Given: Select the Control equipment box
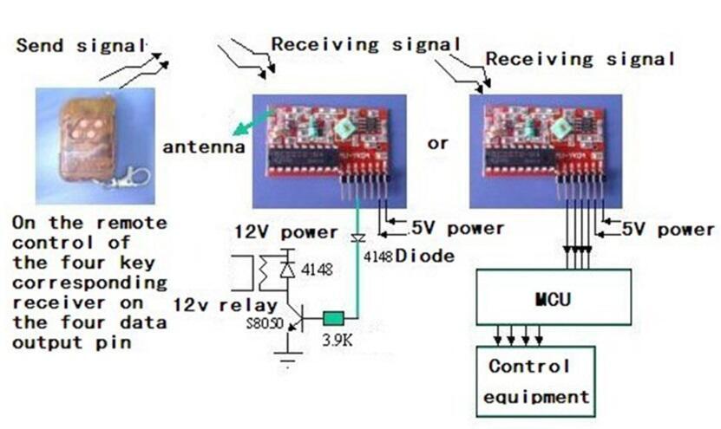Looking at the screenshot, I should click(534, 380).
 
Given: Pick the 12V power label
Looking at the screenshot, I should click(285, 232).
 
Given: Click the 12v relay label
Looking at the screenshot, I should click(225, 304).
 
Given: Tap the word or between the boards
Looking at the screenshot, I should click(438, 143).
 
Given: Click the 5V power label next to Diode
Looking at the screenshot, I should click(457, 229).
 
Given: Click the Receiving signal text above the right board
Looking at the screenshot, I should click(580, 60).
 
